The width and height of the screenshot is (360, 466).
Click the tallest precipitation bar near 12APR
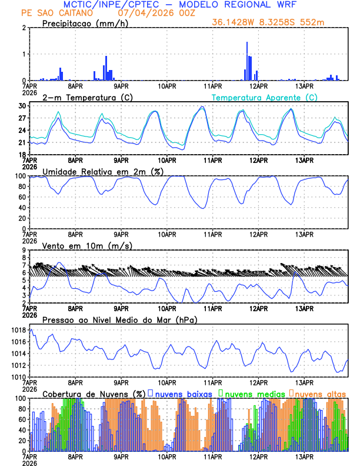(x=247, y=61)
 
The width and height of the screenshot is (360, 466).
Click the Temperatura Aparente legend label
(x=265, y=97)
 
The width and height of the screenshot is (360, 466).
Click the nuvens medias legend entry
(x=252, y=393)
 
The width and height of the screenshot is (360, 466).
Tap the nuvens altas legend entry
(x=320, y=393)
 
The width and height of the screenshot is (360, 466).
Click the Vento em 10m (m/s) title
(x=88, y=245)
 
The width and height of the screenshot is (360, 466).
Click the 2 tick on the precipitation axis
(x=24, y=28)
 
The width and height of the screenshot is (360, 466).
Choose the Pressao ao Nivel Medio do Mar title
(x=119, y=319)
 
